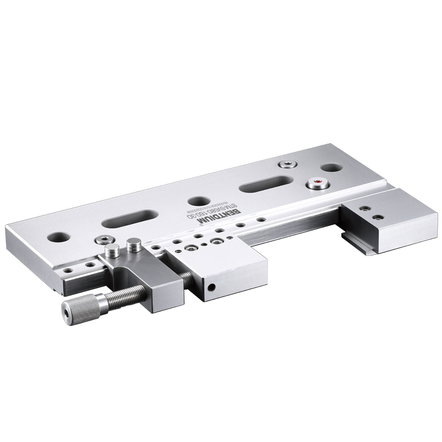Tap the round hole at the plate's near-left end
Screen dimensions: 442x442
pos(57,236)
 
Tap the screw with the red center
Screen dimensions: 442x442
pos(317,182)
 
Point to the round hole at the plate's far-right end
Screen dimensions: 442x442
pos(330,167)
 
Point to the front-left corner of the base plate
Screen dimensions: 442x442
pos(12,228)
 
